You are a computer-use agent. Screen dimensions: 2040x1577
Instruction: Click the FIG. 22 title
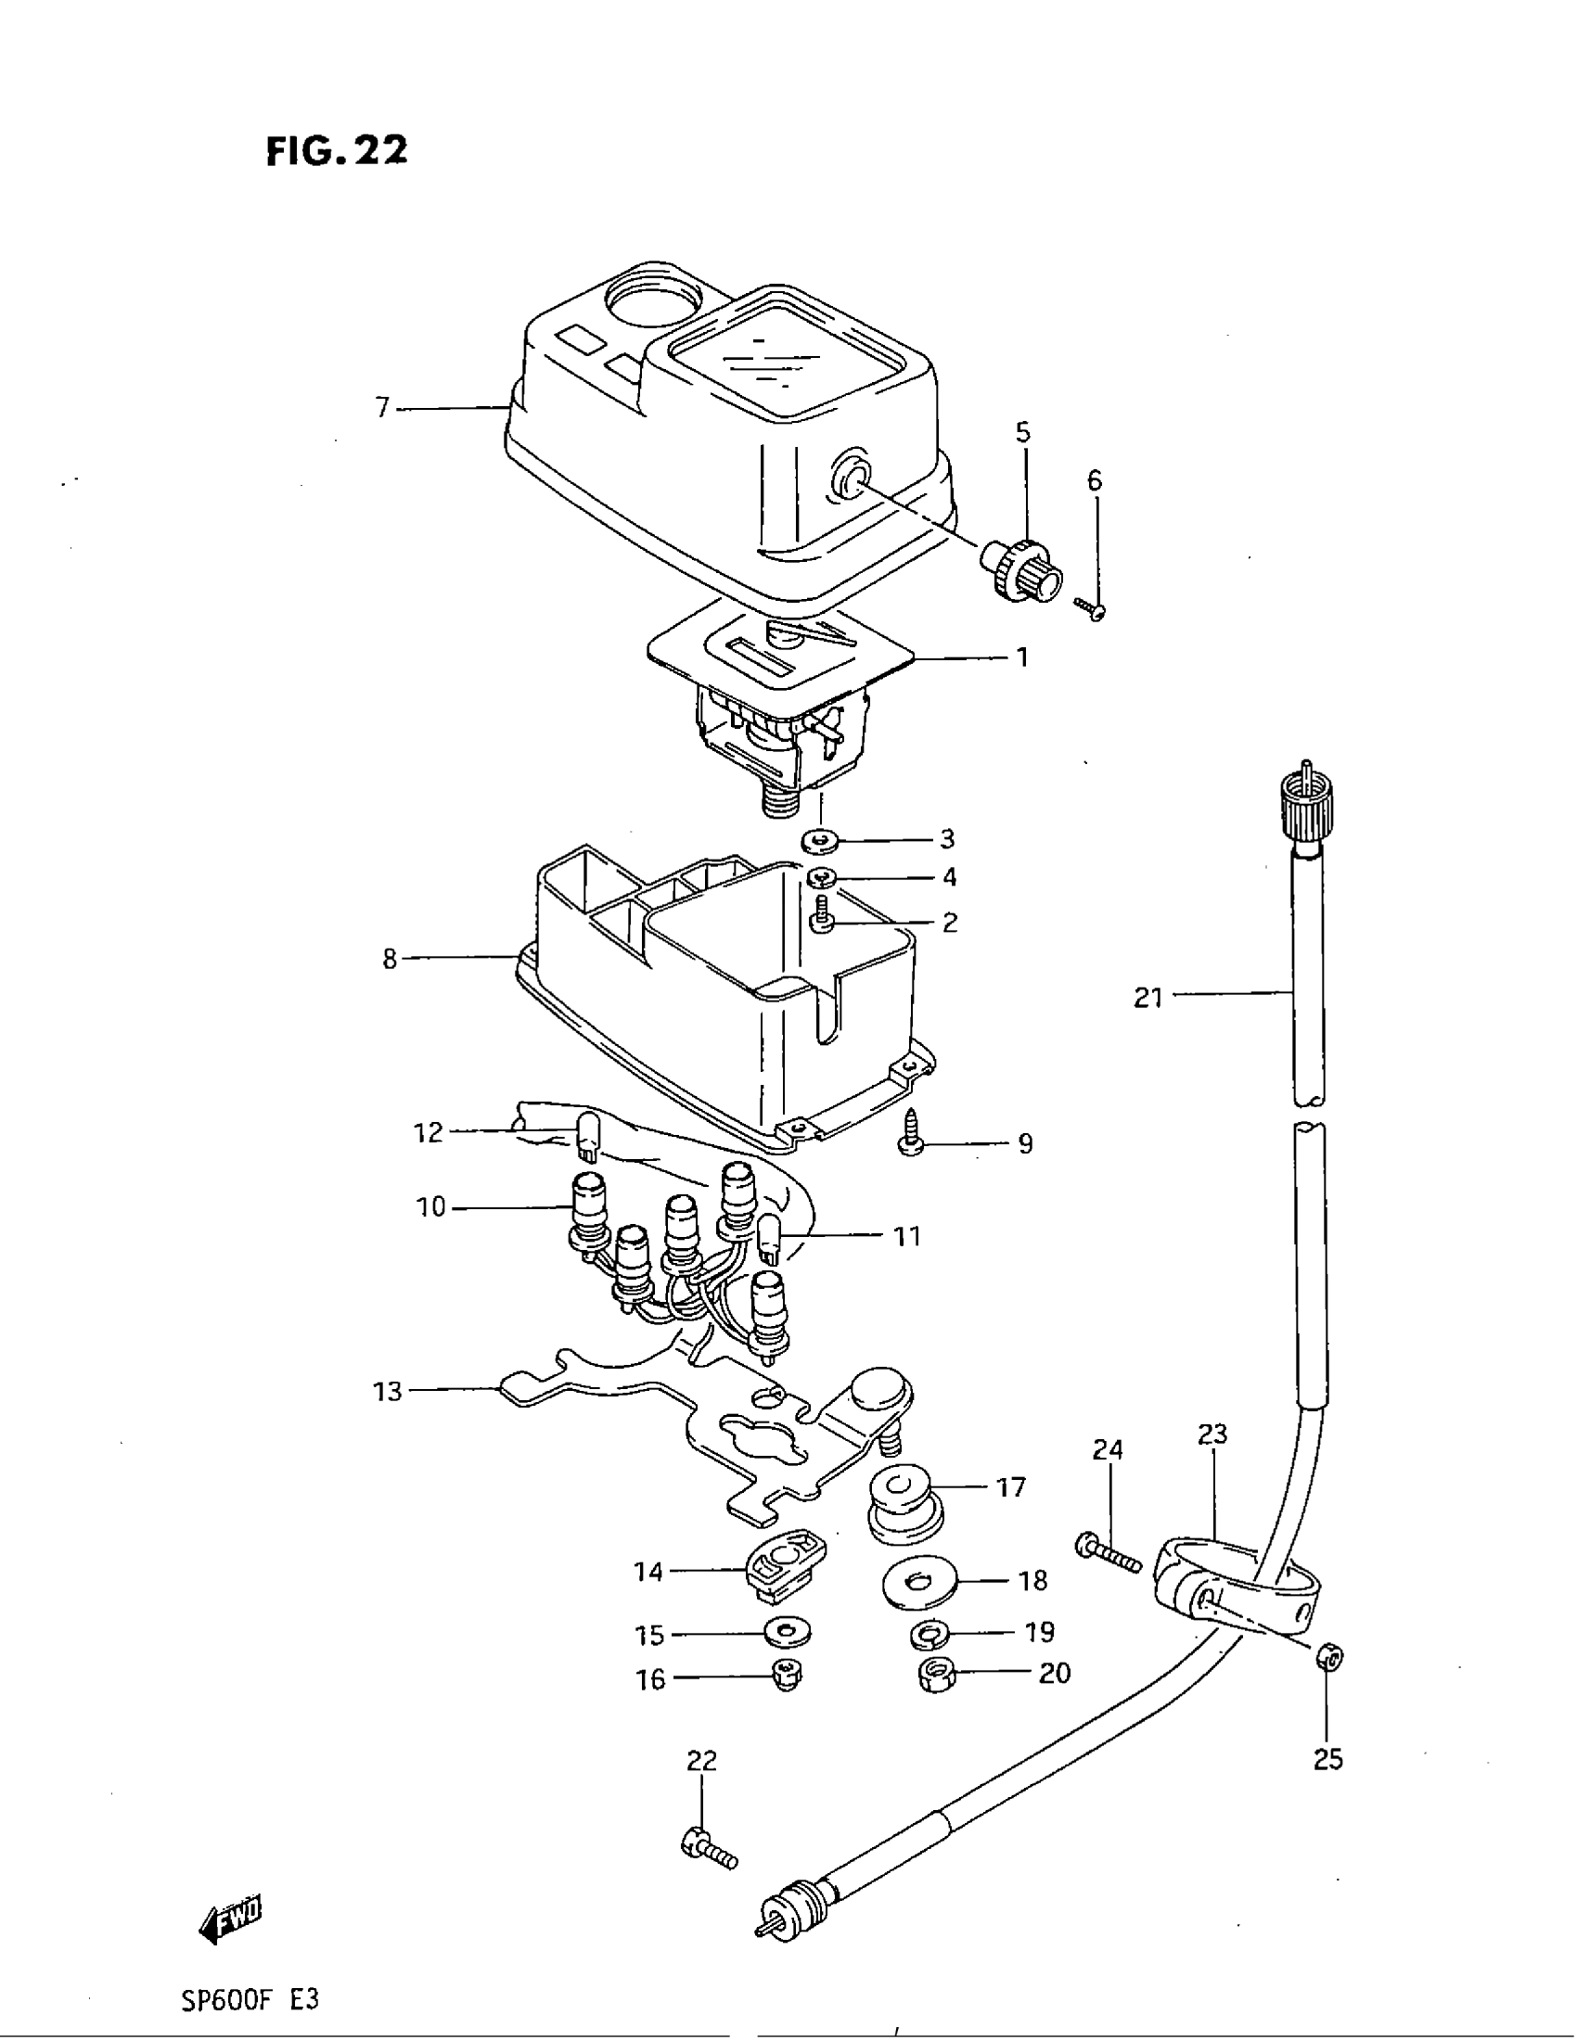click(x=337, y=150)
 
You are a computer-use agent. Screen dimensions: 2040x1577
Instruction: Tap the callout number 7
click(x=382, y=408)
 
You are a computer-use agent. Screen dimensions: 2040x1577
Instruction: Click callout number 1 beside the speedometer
click(x=1023, y=657)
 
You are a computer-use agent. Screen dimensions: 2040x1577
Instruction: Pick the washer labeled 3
click(x=820, y=841)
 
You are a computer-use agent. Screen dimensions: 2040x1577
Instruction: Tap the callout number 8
click(x=390, y=959)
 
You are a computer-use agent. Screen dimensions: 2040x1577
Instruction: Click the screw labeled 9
click(x=911, y=1140)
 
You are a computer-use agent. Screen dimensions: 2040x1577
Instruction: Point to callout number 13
click(x=387, y=1418)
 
